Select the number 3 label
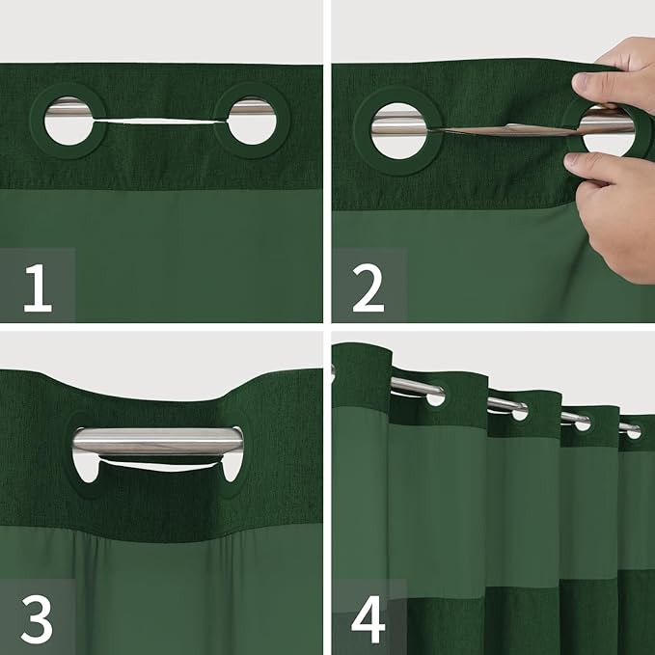37,619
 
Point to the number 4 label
368,619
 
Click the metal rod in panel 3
158,441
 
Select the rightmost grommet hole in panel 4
634,432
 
